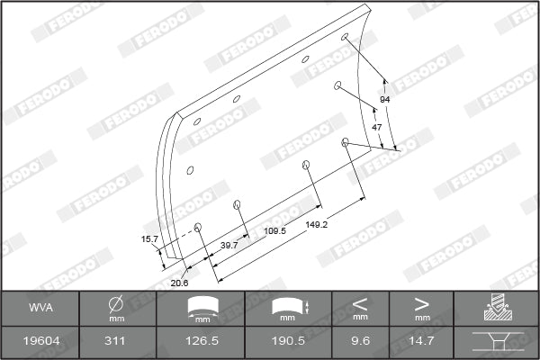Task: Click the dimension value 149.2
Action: (316, 223)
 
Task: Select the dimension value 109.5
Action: (275, 231)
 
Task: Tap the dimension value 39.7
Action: (229, 244)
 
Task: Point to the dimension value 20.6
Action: (179, 283)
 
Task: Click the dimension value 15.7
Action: (149, 238)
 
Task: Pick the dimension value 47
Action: (377, 127)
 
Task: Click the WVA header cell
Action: (40, 309)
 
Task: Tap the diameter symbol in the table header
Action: (116, 304)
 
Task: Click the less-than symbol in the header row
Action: (360, 304)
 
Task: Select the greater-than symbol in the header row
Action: (421, 304)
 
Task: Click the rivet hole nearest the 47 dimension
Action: (346, 141)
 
